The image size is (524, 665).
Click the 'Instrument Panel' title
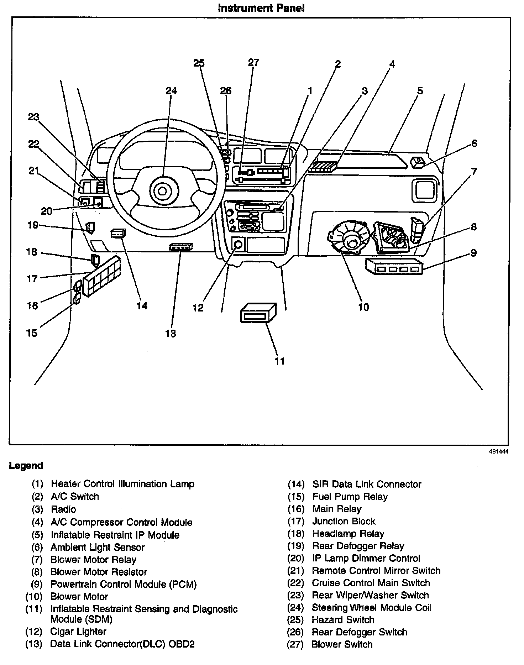pos(261,8)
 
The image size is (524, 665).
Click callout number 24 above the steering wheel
pos(171,91)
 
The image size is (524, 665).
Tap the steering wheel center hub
pos(162,192)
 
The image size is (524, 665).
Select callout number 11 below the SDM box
pos(280,361)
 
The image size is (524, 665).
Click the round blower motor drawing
pos(347,239)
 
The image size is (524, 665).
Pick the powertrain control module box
pos(394,267)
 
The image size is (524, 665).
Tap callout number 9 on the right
pos(473,253)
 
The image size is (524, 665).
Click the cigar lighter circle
pos(238,245)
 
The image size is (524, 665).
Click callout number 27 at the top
pos(254,63)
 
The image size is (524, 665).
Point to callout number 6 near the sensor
pos(474,143)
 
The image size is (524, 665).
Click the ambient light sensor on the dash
pos(418,162)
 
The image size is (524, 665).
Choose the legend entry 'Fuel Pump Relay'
pos(350,497)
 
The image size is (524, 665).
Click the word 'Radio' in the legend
pos(63,509)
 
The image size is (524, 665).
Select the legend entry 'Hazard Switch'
pos(343,620)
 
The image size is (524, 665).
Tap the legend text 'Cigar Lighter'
pos(78,632)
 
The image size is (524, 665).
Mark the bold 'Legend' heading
pos(26,466)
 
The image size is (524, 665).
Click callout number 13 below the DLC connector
pos(171,334)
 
